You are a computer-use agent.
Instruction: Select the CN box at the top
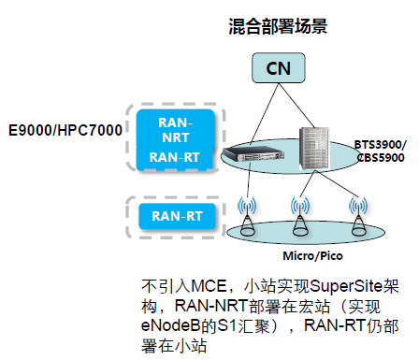pos(278,67)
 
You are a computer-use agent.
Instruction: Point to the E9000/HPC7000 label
pos(65,128)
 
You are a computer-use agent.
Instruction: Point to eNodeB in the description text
pos(170,326)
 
